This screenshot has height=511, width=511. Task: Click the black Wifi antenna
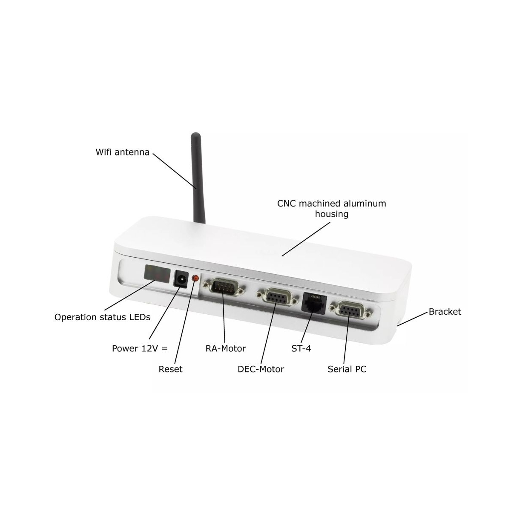pos(198,178)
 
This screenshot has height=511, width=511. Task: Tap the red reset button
pos(195,278)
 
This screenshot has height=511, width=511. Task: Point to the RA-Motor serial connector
pos(223,287)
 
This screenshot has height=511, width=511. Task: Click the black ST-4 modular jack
pos(314,303)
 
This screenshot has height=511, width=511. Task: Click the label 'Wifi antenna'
pos(123,152)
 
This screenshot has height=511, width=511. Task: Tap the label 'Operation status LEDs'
pos(102,317)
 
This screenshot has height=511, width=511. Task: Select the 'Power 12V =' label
pos(140,348)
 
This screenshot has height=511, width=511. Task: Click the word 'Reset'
pos(170,369)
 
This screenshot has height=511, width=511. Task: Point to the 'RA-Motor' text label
pos(226,348)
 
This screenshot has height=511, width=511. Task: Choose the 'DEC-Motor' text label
pos(261,369)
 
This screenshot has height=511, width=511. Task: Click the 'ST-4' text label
pos(301,348)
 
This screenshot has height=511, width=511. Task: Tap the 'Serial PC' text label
pos(347,369)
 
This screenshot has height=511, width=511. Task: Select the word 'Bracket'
pos(445,311)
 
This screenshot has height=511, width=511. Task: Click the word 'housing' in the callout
pos(331,214)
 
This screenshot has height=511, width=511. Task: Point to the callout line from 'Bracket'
pos(413,319)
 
